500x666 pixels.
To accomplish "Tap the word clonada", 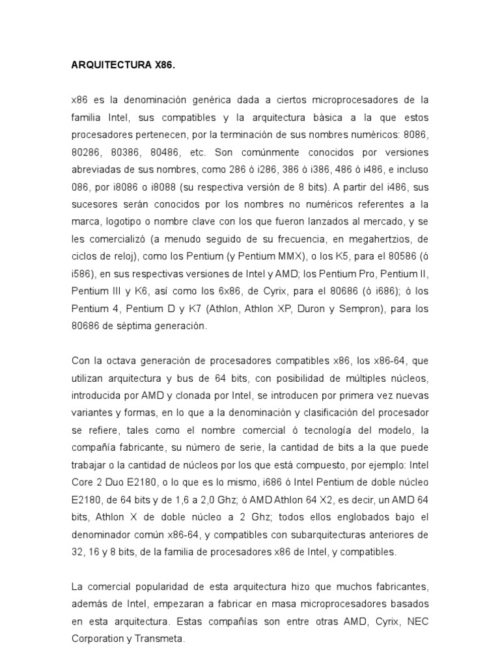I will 214,395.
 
